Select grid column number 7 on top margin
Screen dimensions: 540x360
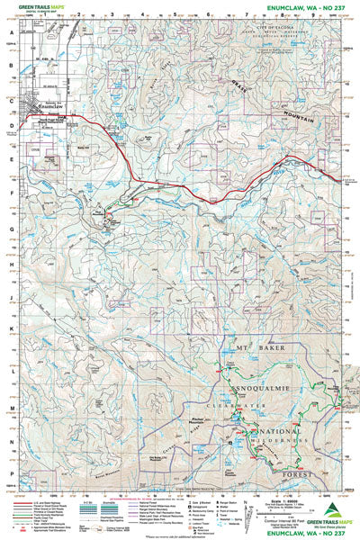click(245, 16)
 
